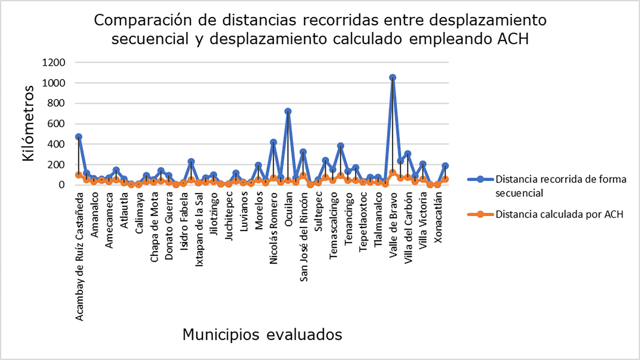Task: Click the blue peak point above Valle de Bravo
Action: coord(393,78)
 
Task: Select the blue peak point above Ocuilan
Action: coord(288,112)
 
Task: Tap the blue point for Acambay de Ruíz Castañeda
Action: coord(79,137)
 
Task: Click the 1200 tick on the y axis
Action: coord(54,62)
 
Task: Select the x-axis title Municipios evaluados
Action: coord(262,335)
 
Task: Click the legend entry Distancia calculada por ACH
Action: coord(559,214)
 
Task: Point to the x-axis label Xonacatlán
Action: coord(438,218)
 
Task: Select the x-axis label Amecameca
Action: coord(109,220)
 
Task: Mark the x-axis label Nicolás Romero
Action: coord(273,228)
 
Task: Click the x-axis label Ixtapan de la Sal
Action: coord(199,229)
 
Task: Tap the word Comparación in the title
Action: coord(143,21)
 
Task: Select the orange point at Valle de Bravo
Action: coord(393,173)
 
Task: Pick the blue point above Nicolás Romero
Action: coord(273,142)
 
